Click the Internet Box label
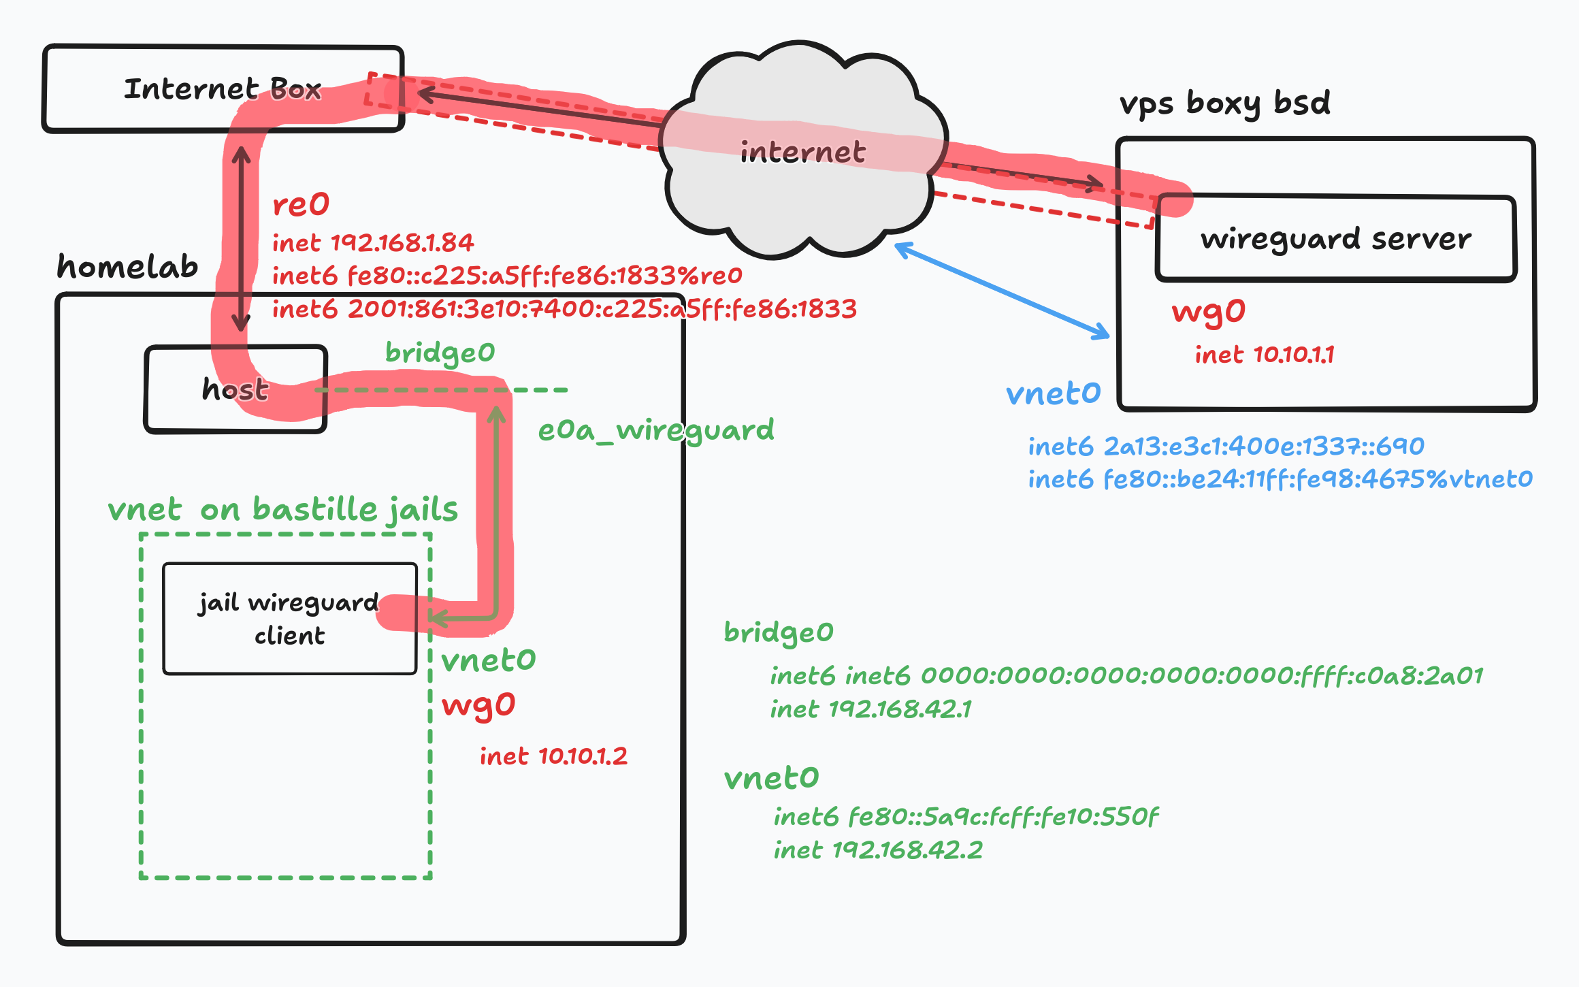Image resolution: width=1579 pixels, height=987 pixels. coord(222,89)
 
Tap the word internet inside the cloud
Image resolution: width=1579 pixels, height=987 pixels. coord(802,152)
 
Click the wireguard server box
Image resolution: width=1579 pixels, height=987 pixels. coord(1335,239)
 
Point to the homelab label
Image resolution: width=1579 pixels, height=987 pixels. coord(127,266)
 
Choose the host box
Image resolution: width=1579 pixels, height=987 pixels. coord(235,389)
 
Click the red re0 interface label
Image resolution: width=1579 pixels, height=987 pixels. coord(301,204)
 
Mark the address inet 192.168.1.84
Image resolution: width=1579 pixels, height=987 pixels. coord(373,243)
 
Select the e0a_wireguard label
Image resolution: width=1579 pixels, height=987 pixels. coord(656,430)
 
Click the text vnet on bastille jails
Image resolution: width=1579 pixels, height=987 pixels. coord(283,509)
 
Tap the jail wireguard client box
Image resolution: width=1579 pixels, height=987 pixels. coord(289,619)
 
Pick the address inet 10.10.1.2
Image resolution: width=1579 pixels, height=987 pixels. coord(553,756)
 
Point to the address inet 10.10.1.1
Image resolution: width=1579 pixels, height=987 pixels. coord(1265,355)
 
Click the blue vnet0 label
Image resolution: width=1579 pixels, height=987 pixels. coord(1053,393)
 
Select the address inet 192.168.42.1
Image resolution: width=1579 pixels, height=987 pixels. coord(870,709)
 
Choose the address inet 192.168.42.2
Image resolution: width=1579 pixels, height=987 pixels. coord(878,850)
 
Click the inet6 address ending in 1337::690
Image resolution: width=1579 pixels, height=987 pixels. coord(1226,447)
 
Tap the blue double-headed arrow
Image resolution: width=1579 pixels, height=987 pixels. coord(1002,291)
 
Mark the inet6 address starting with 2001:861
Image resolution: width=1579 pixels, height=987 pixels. coord(564,309)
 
